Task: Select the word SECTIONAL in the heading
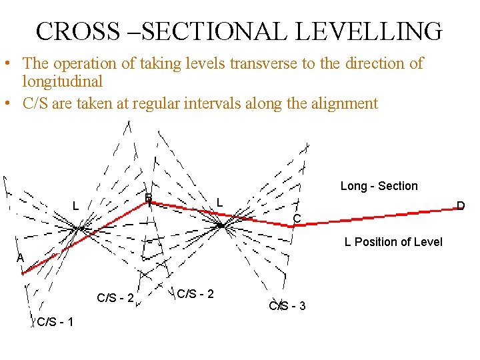click(x=209, y=31)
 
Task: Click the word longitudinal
click(x=63, y=81)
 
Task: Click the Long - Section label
click(x=379, y=186)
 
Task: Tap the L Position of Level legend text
click(x=393, y=241)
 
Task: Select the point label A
click(x=21, y=258)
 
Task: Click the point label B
click(x=149, y=197)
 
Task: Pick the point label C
click(x=297, y=218)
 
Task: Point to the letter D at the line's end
click(x=460, y=205)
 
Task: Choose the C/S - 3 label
click(x=287, y=306)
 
